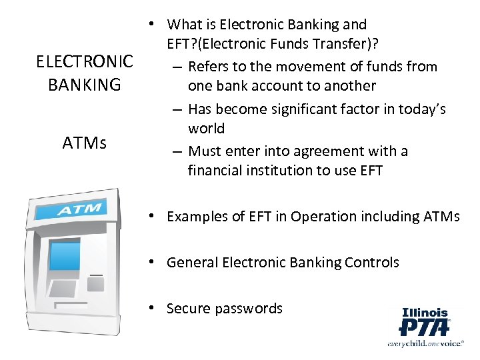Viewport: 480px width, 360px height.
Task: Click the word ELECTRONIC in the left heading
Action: [x=85, y=62]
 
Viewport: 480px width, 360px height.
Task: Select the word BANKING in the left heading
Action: [x=85, y=85]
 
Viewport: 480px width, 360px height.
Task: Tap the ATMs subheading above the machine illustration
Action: [x=85, y=143]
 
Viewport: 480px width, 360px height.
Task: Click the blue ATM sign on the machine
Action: [x=79, y=211]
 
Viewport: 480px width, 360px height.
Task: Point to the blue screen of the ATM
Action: [x=65, y=256]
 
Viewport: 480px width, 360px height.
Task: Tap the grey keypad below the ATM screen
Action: [x=63, y=289]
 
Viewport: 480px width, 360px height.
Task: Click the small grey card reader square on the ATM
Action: [x=95, y=284]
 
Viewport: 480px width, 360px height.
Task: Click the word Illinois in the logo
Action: [x=425, y=312]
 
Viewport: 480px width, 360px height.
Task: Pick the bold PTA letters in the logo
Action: [x=424, y=327]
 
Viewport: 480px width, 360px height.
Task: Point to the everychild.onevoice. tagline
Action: [x=424, y=343]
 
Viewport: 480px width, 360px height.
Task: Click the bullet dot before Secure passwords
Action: [x=153, y=308]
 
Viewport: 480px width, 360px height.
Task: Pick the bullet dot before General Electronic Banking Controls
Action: [x=153, y=262]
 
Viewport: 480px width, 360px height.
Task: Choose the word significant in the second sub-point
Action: [x=301, y=109]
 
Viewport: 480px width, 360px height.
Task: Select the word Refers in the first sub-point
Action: [x=208, y=67]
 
